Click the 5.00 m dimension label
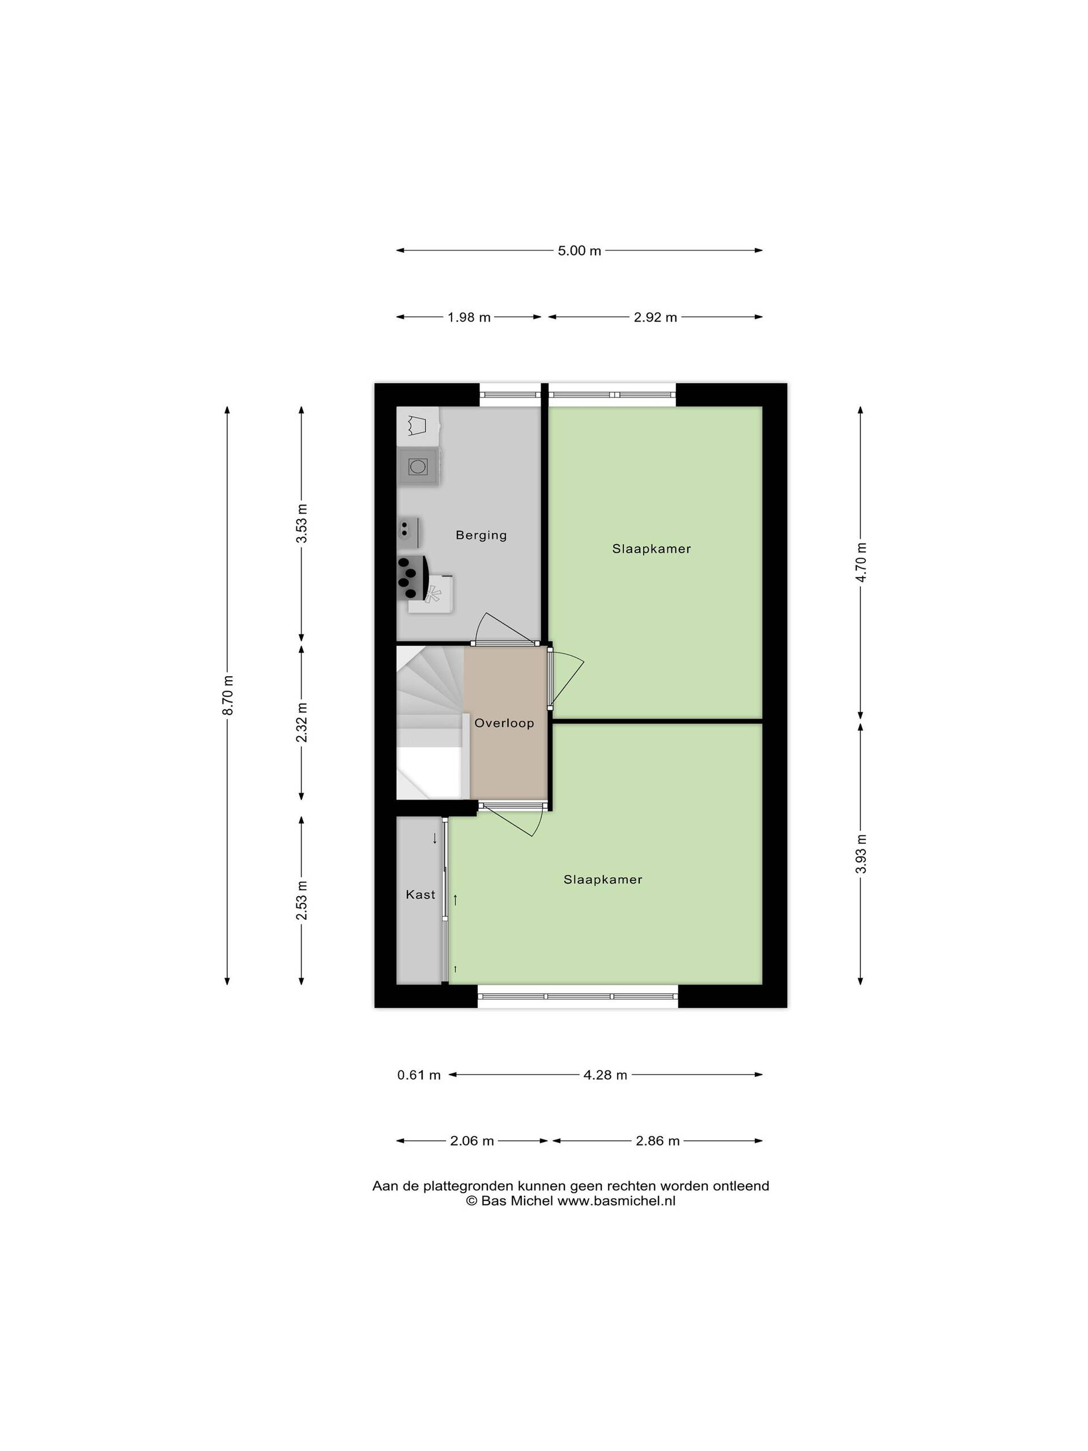pyautogui.click(x=579, y=251)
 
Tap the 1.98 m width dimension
pyautogui.click(x=469, y=317)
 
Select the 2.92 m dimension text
pyautogui.click(x=655, y=317)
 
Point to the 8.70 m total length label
pyautogui.click(x=228, y=695)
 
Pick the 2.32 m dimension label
pyautogui.click(x=301, y=722)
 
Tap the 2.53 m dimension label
pyautogui.click(x=301, y=900)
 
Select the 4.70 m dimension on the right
pyautogui.click(x=862, y=562)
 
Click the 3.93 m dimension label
pyautogui.click(x=862, y=854)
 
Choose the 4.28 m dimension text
pyautogui.click(x=605, y=1075)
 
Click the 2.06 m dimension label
pyautogui.click(x=471, y=1141)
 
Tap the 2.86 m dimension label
pyautogui.click(x=657, y=1141)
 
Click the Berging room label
pyautogui.click(x=481, y=535)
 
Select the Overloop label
pyautogui.click(x=504, y=723)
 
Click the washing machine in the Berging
pyautogui.click(x=418, y=466)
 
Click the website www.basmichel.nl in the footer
pyautogui.click(x=617, y=1200)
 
